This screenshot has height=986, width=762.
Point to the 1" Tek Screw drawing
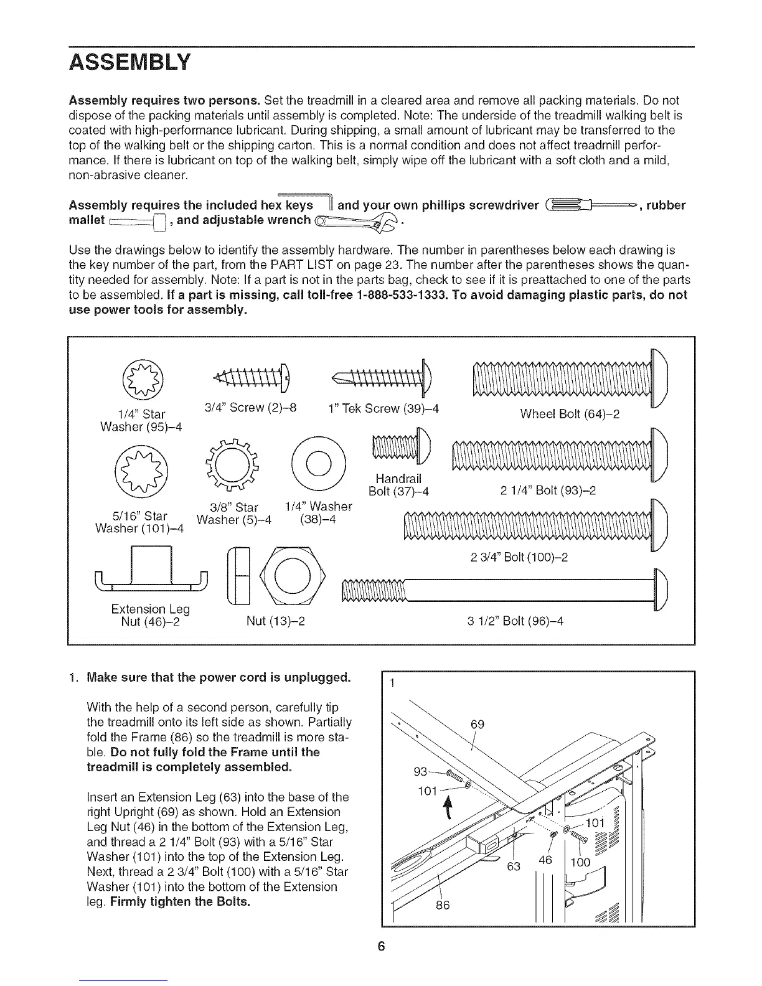(x=383, y=377)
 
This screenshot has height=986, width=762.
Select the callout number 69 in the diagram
(x=477, y=725)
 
